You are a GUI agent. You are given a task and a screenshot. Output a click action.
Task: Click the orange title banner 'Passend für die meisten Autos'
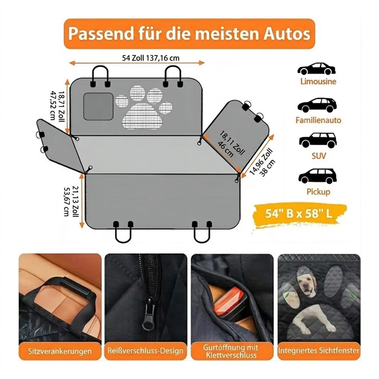pos(189,34)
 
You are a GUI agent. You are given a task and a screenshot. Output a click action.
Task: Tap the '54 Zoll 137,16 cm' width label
pos(151,58)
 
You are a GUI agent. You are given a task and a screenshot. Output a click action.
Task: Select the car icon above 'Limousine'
pos(316,69)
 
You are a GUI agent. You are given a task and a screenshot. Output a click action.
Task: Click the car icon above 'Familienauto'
pos(317,105)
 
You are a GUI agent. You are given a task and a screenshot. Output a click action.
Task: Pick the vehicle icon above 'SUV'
pos(318,140)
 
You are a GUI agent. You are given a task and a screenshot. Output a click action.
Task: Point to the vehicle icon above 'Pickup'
pos(318,176)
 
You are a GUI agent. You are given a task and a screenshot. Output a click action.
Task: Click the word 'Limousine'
pos(318,81)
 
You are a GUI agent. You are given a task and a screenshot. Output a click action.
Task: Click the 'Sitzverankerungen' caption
pos(60,351)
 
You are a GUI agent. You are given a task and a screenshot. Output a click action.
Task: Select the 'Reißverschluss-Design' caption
pos(146,351)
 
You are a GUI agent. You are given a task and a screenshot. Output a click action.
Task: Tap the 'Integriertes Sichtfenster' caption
pos(319,351)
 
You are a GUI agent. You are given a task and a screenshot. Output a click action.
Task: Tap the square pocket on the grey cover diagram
pos(99,106)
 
